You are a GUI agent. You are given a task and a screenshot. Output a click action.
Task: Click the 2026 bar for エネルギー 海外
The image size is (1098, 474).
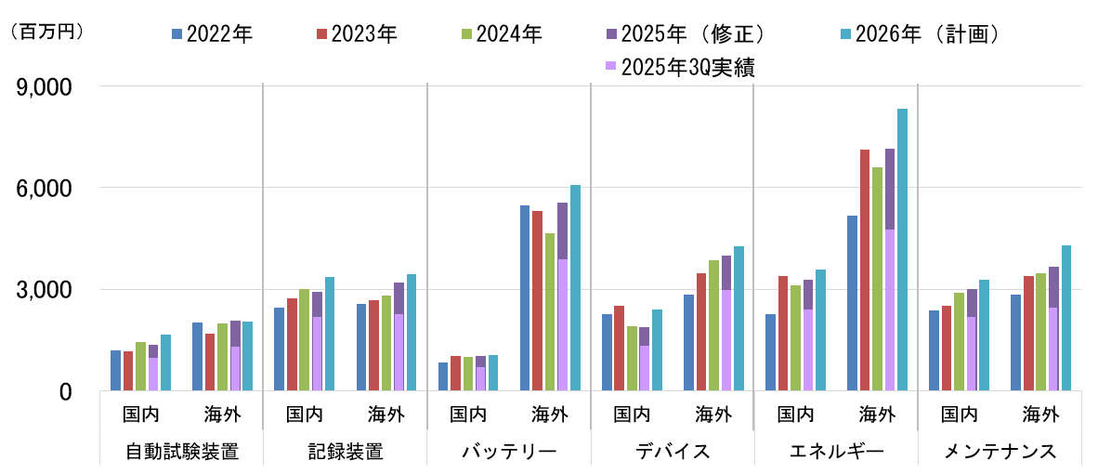tap(902, 250)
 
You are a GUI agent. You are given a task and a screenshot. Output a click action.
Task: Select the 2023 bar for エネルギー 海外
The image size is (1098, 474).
tap(865, 270)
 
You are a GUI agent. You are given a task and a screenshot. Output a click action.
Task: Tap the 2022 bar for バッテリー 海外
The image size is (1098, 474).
tap(525, 298)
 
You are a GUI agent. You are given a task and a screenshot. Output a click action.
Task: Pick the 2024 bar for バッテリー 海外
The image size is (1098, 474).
tap(550, 312)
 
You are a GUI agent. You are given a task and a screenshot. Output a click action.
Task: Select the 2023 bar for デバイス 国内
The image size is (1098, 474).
tap(620, 349)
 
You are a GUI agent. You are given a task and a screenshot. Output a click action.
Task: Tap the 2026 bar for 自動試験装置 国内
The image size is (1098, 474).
tap(165, 362)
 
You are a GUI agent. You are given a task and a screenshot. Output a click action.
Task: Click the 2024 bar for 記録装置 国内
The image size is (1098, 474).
tap(304, 340)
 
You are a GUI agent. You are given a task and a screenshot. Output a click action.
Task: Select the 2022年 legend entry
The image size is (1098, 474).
tap(213, 35)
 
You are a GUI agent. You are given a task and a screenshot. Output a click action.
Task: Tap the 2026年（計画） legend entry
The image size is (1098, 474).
tap(914, 35)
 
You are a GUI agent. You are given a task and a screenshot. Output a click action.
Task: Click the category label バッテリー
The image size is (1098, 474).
tap(509, 453)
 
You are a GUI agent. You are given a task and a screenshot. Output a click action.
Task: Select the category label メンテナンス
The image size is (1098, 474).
tap(1000, 453)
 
